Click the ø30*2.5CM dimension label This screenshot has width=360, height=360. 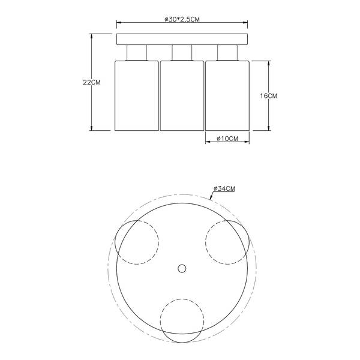pos(182,20)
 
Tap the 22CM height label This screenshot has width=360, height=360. pos(92,82)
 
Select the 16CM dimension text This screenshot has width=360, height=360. pos(268,96)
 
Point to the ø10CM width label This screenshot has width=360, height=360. pos(227,139)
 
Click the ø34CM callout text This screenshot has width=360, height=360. pos(224,189)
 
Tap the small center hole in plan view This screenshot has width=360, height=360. pos(182,268)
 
